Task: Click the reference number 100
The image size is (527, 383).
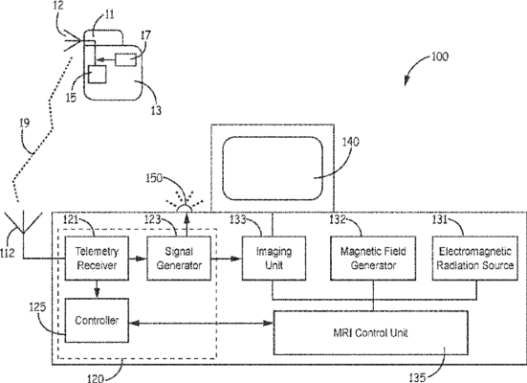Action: (440, 56)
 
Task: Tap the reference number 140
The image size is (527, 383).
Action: (351, 142)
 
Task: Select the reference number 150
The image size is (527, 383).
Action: (154, 178)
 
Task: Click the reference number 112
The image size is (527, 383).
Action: (8, 253)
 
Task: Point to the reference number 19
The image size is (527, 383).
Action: (25, 124)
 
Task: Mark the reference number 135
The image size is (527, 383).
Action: (418, 377)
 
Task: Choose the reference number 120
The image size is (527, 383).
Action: (96, 378)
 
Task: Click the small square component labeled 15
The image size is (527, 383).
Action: (98, 74)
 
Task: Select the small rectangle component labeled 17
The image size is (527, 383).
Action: (126, 60)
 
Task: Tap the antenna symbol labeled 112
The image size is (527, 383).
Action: (23, 222)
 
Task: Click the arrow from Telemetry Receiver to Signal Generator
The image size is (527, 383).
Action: (138, 259)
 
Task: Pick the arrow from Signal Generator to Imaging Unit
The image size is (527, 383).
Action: (227, 259)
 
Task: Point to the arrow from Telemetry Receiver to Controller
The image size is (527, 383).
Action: (97, 289)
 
